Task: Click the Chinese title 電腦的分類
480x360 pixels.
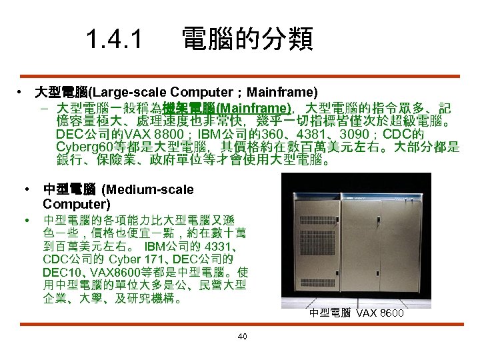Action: tap(247, 39)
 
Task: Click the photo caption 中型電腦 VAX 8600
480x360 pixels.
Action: tap(356, 312)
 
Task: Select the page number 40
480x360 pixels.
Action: tap(242, 336)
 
